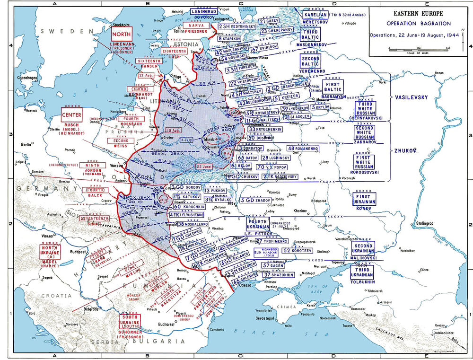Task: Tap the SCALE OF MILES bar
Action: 418,49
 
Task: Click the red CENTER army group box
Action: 72,114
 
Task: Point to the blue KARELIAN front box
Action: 313,15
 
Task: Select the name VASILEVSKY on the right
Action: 410,97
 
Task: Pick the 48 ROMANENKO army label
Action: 303,149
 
